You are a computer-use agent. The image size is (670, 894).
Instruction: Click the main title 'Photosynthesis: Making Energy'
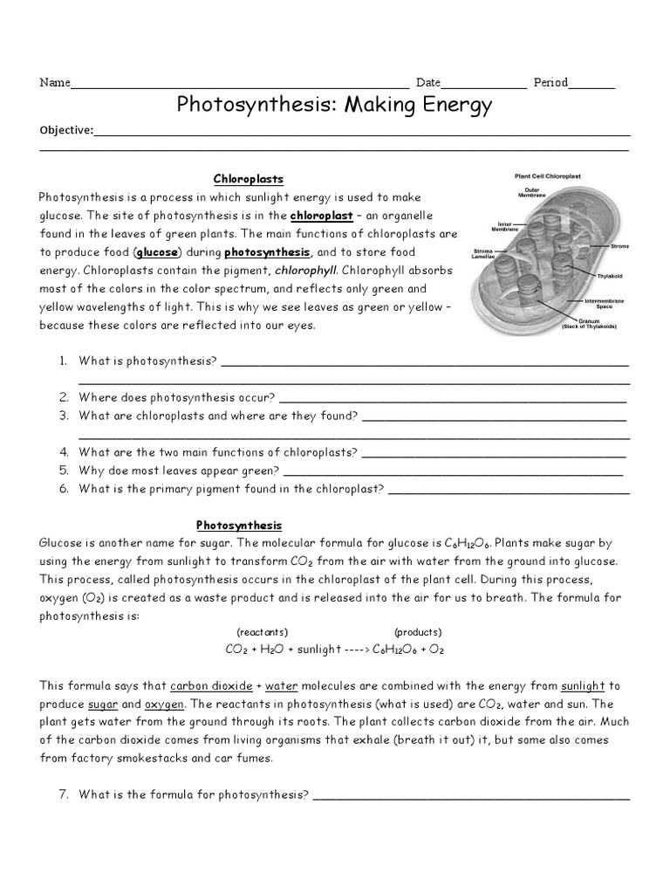pyautogui.click(x=335, y=106)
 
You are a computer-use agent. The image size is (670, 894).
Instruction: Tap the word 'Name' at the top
pyautogui.click(x=54, y=83)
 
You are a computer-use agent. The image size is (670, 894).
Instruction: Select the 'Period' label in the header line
pyautogui.click(x=550, y=83)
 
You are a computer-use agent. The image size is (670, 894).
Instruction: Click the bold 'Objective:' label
pyautogui.click(x=66, y=130)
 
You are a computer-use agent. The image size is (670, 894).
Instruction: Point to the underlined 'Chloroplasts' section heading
pyautogui.click(x=250, y=179)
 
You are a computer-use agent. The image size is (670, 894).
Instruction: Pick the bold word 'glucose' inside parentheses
pyautogui.click(x=157, y=252)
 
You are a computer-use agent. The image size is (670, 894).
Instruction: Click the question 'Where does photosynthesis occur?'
pyautogui.click(x=177, y=397)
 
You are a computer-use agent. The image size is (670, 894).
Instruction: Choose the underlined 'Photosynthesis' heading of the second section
pyautogui.click(x=239, y=525)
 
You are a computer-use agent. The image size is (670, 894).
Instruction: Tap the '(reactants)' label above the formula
pyautogui.click(x=263, y=631)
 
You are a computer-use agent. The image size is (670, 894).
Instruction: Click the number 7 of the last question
pyautogui.click(x=64, y=794)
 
